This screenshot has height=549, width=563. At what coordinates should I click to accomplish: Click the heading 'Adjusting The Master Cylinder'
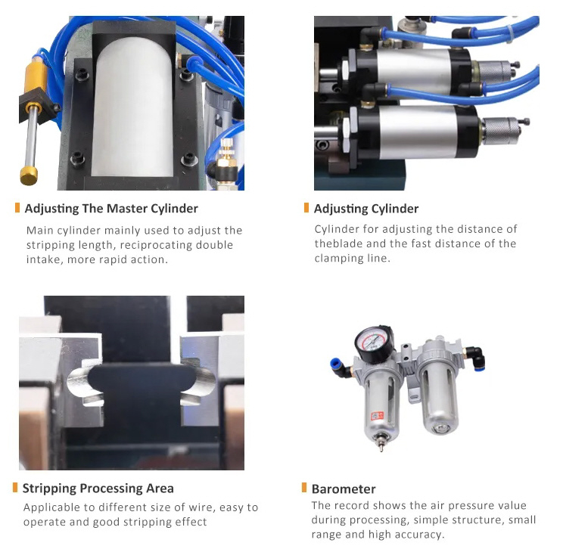(x=111, y=209)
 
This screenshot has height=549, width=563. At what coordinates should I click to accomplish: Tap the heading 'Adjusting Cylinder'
(x=366, y=209)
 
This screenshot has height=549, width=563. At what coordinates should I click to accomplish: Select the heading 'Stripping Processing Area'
(x=98, y=489)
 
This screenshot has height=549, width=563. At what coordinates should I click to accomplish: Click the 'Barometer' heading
(x=344, y=489)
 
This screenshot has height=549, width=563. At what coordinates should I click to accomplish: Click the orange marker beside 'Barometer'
(x=304, y=488)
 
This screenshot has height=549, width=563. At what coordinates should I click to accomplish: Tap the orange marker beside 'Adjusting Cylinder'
(x=306, y=207)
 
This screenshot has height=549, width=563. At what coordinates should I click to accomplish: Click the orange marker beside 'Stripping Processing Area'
(x=15, y=487)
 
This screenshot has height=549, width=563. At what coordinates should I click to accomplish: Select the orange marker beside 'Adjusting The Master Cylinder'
(x=17, y=207)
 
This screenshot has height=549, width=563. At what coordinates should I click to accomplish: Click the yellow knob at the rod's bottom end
(x=29, y=175)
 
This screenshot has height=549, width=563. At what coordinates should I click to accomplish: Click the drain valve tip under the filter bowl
(x=381, y=445)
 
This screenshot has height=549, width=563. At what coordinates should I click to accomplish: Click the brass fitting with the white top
(x=226, y=155)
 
